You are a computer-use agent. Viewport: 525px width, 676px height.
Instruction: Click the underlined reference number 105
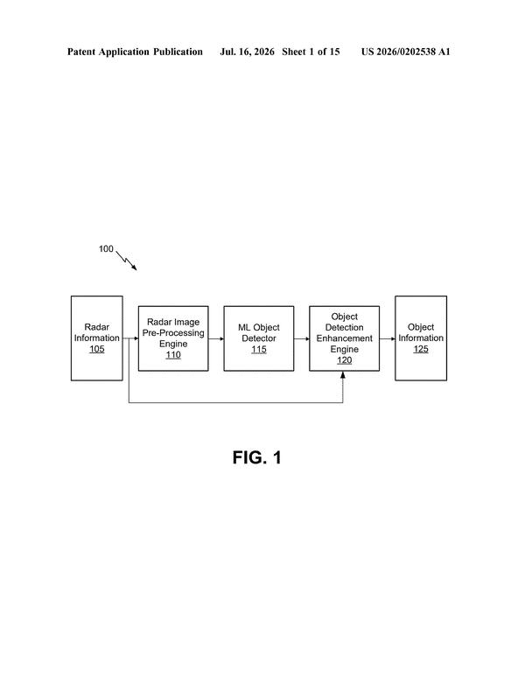pos(96,349)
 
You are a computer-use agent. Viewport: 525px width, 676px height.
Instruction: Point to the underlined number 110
pos(173,355)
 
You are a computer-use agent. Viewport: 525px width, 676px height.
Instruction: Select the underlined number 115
pos(259,349)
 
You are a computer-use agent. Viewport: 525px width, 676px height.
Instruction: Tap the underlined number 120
pos(344,360)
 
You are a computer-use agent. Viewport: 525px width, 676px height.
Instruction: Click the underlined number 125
pos(421,349)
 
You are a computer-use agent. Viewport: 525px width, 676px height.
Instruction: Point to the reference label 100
pos(106,248)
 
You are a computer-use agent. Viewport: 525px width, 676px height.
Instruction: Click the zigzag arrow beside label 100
pos(126,261)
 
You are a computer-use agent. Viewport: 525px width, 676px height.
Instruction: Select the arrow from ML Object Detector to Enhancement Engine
pos(302,338)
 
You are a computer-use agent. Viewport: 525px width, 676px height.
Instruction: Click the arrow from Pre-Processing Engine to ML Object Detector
pos(216,338)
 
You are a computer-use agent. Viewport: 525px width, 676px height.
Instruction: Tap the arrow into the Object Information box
pos(388,338)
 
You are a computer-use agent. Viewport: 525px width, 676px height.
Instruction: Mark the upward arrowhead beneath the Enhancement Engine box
pos(343,375)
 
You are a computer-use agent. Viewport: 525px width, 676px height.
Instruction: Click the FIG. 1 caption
pos(257,457)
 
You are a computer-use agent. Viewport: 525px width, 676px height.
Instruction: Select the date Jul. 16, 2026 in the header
pos(247,52)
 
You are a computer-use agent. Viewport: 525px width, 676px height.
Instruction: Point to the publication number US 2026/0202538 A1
pos(405,52)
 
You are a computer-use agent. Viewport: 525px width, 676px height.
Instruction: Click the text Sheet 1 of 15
pos(311,52)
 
